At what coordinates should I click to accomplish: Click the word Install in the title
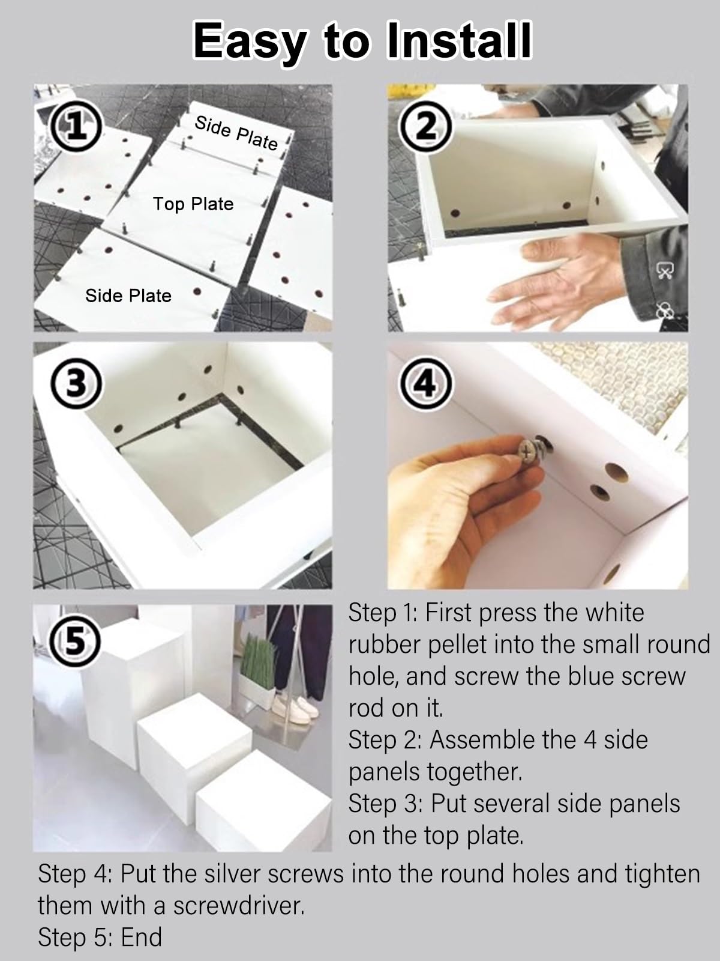tap(459, 41)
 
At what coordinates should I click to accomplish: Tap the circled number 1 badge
tap(77, 126)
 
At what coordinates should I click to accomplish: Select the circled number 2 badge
tap(426, 126)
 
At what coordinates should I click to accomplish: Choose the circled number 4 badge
tap(426, 384)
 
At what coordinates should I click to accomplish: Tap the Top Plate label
tap(193, 204)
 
